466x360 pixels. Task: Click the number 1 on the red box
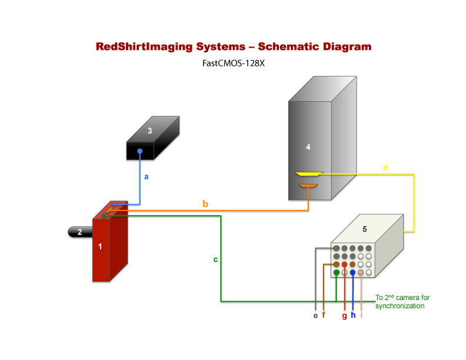(x=100, y=247)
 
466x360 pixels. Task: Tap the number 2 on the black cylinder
(x=80, y=232)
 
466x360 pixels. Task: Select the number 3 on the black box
(x=150, y=131)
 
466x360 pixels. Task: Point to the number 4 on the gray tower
(x=308, y=147)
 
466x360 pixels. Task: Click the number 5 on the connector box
(x=364, y=229)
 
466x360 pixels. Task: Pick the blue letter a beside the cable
(x=147, y=176)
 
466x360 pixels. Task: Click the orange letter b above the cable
(x=205, y=204)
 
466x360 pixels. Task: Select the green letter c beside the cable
(x=215, y=259)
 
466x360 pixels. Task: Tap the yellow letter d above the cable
(x=385, y=168)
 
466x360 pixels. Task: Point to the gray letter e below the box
(x=316, y=316)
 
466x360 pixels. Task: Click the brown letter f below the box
(x=324, y=315)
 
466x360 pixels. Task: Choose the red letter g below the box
(x=344, y=316)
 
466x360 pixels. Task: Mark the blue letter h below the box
(x=353, y=315)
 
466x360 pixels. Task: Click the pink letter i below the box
(x=361, y=315)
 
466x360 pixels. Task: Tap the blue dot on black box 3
(x=140, y=152)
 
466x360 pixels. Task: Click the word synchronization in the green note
(x=400, y=306)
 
